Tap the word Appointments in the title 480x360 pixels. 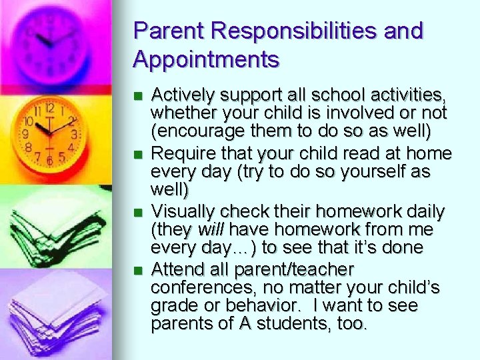pyautogui.click(x=206, y=60)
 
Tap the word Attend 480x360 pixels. pyautogui.click(x=174, y=270)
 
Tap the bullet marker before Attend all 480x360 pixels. pyautogui.click(x=138, y=271)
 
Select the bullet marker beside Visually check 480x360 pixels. pyautogui.click(x=138, y=213)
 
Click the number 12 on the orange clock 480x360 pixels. pyautogui.click(x=49, y=107)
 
